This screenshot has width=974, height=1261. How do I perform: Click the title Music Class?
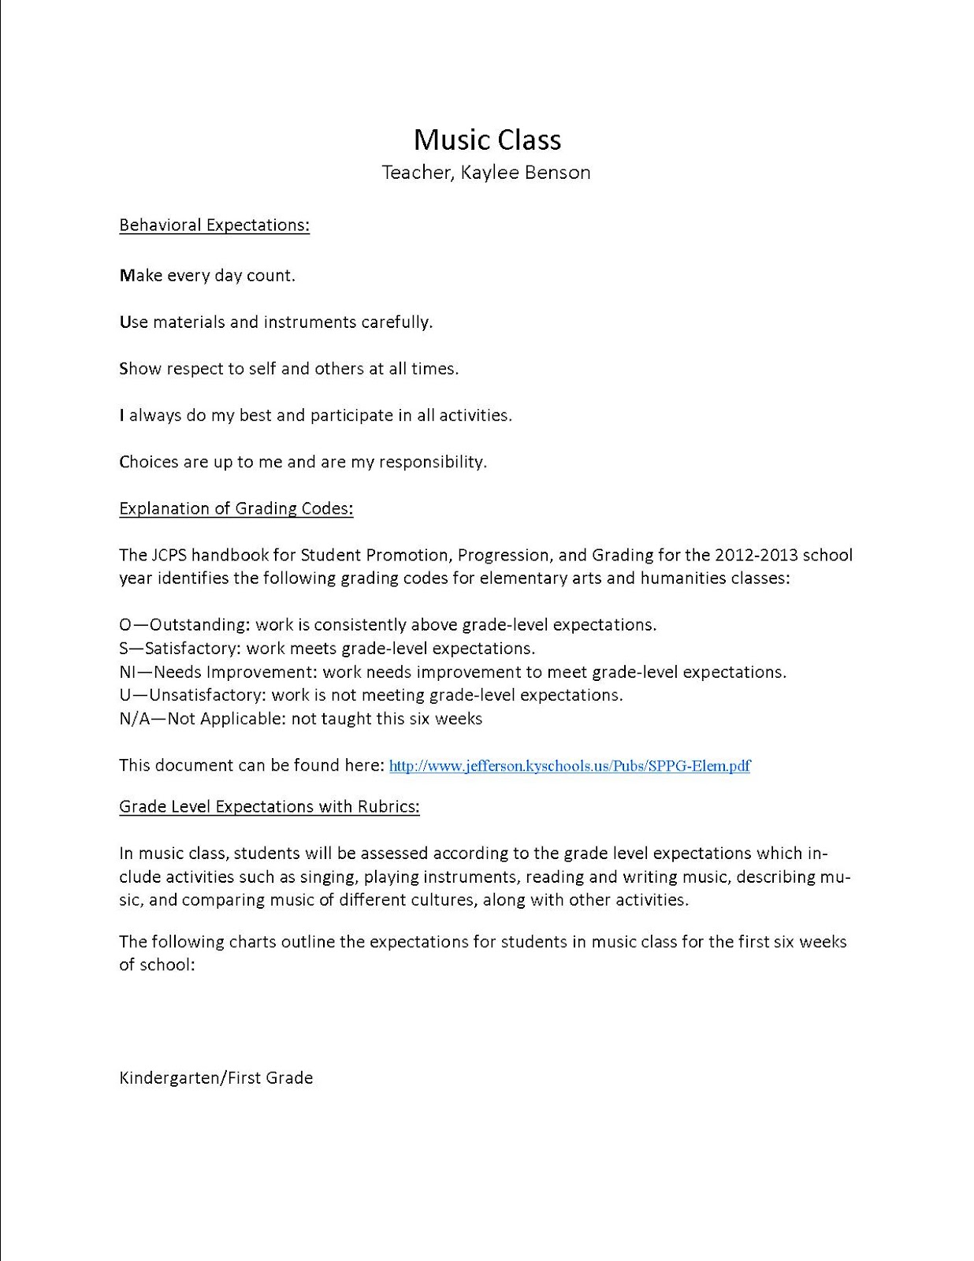coord(487,139)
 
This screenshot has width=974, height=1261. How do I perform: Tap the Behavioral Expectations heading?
coord(214,225)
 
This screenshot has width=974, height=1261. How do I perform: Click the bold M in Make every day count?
coord(127,276)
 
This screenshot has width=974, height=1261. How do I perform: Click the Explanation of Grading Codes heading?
coord(236,509)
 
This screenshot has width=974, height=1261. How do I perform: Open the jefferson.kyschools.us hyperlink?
coord(570,766)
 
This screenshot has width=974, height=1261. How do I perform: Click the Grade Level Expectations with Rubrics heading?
coord(269,807)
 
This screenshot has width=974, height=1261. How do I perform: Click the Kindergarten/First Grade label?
coord(216,1077)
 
